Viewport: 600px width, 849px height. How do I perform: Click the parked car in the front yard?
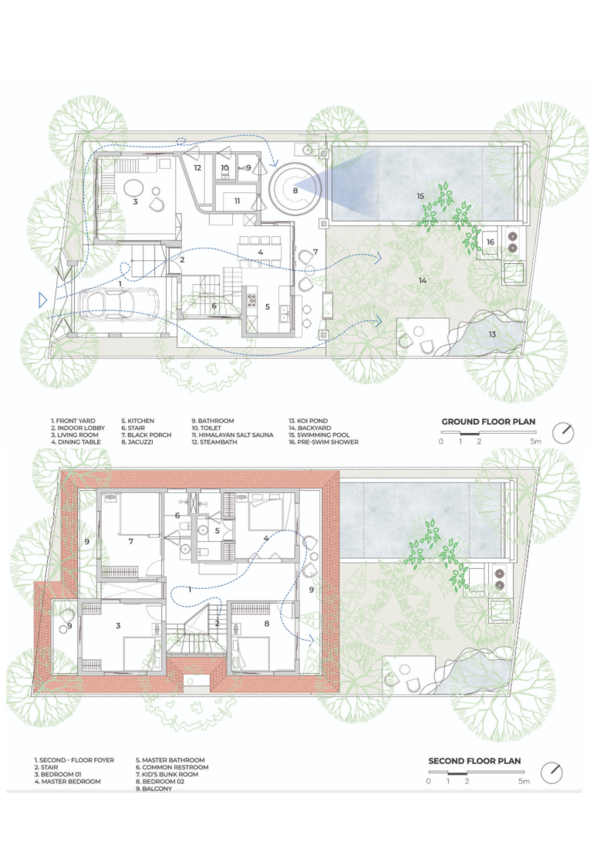tap(119, 303)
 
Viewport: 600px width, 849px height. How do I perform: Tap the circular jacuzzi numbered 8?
tap(295, 190)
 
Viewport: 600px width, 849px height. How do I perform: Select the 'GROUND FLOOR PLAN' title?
tap(488, 421)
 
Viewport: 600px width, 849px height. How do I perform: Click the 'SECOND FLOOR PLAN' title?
tap(474, 761)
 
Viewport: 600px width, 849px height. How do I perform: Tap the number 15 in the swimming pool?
tap(420, 196)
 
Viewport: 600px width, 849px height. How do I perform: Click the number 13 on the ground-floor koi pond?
tap(492, 334)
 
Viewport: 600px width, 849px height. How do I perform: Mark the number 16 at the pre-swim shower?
tap(490, 242)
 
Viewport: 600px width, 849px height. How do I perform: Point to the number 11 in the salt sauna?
tap(237, 201)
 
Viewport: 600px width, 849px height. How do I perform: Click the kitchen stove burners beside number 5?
tap(251, 300)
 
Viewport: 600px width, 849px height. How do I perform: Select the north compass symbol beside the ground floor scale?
tap(563, 433)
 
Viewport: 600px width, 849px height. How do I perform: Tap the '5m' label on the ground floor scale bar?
tap(536, 441)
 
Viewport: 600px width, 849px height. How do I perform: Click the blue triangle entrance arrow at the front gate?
tap(42, 299)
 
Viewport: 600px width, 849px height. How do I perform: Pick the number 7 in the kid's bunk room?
tap(131, 541)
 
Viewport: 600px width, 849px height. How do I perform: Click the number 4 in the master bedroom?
tap(265, 538)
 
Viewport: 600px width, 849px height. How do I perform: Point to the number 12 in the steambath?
tap(197, 167)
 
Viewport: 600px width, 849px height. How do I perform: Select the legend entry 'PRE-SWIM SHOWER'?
tap(327, 441)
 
